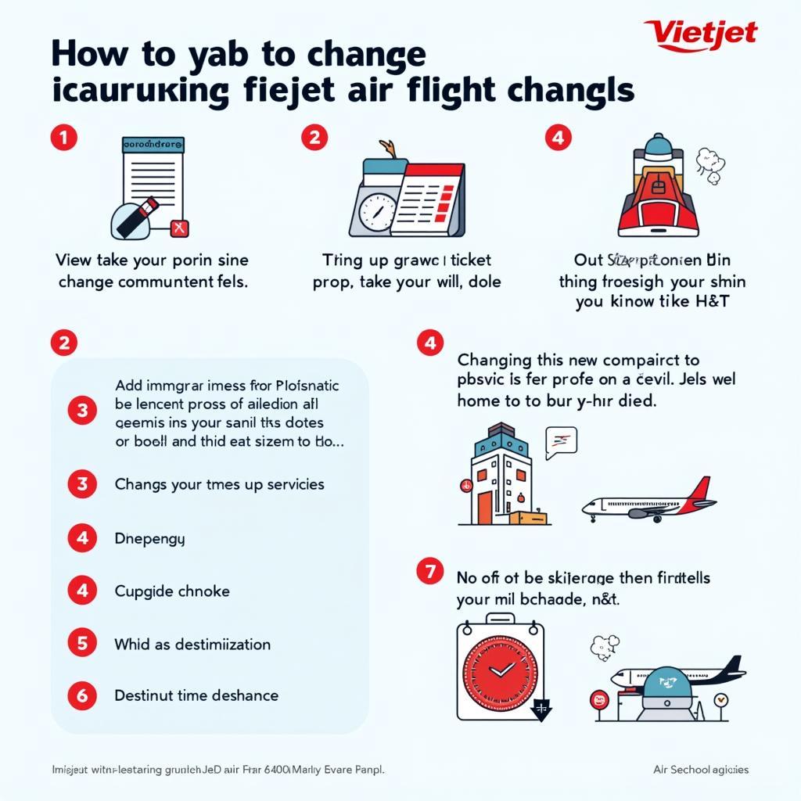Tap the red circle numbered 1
63,138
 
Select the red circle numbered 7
429,573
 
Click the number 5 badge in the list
82,644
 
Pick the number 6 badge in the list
82,695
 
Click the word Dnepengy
149,539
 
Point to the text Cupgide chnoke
172,591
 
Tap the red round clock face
501,669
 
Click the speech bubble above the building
561,441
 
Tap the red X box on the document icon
180,228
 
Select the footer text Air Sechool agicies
700,770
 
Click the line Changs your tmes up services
219,484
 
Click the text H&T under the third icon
712,302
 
